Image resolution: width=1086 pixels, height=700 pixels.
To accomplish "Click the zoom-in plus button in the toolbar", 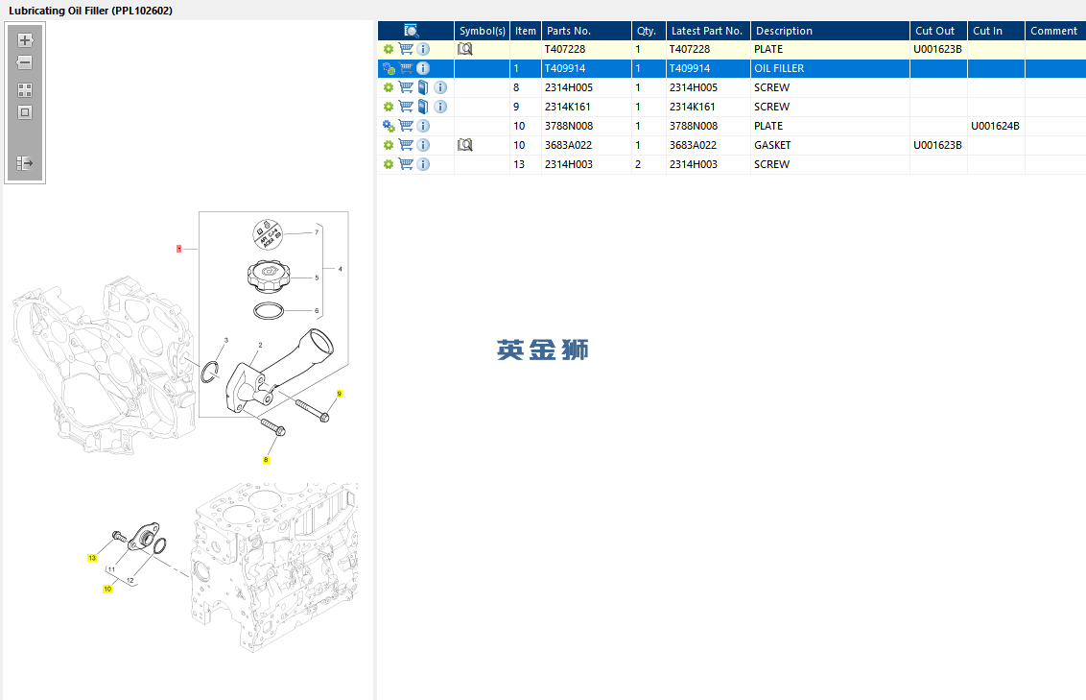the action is click(25, 40).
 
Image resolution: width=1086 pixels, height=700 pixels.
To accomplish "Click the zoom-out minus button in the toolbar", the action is click(25, 62).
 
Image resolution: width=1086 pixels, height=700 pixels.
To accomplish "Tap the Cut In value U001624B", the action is click(995, 126).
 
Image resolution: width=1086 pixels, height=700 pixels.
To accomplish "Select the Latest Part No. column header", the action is click(706, 31).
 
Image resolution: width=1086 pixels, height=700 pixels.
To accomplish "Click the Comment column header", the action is click(1053, 31).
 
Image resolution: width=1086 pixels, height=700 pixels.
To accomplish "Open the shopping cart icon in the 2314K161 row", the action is click(406, 107).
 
